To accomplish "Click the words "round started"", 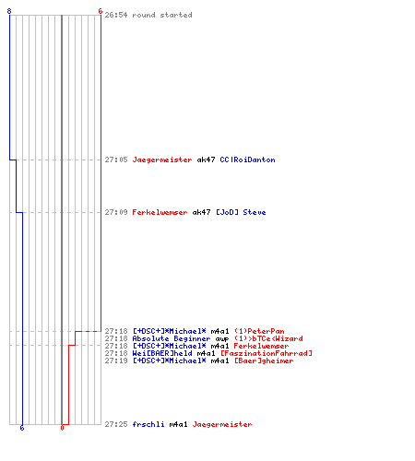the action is (x=162, y=15).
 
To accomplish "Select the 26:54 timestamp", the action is (x=116, y=15).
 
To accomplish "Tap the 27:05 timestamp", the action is (x=116, y=160).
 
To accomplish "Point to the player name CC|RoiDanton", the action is (x=247, y=160).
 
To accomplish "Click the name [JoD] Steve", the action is (x=241, y=212).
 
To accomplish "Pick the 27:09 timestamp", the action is (x=116, y=212).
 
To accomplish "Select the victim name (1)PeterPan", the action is (x=259, y=331).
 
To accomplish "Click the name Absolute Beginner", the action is (x=172, y=338).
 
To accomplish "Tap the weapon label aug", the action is (x=222, y=339).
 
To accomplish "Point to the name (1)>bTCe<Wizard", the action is (x=268, y=338).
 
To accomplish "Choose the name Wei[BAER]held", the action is (x=162, y=353).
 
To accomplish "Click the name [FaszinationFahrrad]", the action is (x=267, y=353).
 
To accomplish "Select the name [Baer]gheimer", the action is (x=264, y=361).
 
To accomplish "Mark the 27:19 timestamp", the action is (x=116, y=361).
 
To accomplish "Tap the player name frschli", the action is (x=148, y=424).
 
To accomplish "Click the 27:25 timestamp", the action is (x=116, y=424).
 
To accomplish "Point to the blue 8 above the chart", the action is (x=9, y=11).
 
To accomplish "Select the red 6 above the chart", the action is (x=101, y=11).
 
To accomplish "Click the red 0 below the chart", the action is (x=62, y=428).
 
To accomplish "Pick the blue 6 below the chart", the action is (x=22, y=428).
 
